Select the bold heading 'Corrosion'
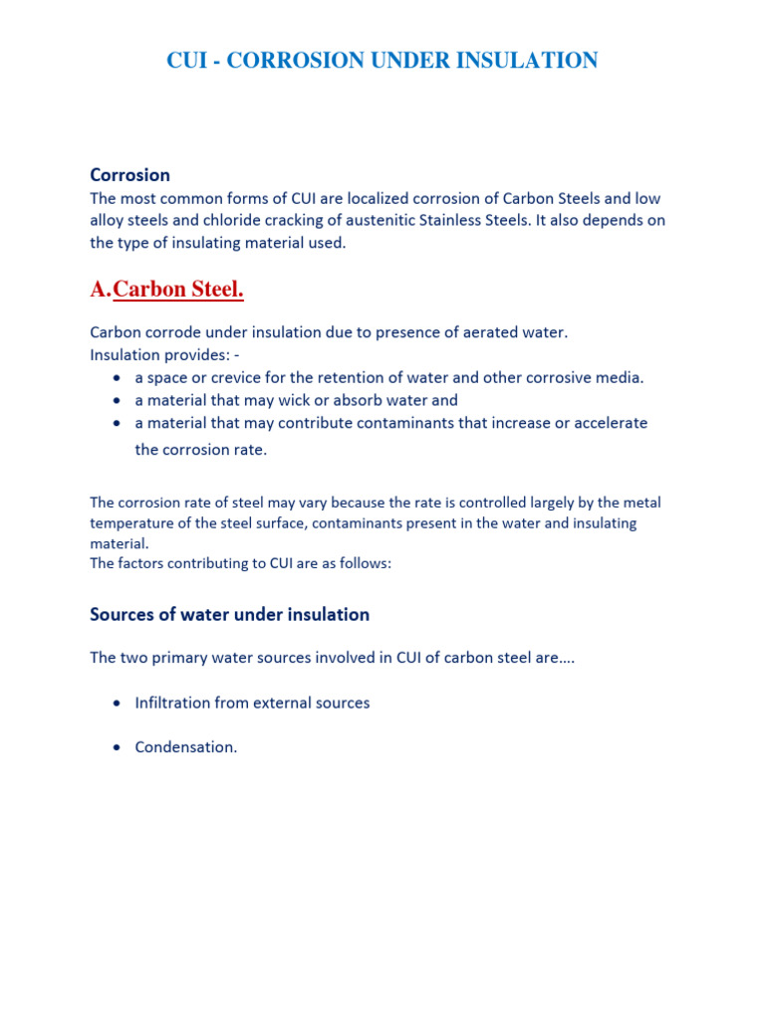click(x=129, y=175)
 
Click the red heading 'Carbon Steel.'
click(x=179, y=290)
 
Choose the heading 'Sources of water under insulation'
click(x=229, y=614)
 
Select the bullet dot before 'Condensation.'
click(x=118, y=747)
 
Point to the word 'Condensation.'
click(x=186, y=746)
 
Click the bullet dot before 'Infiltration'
click(x=118, y=704)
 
